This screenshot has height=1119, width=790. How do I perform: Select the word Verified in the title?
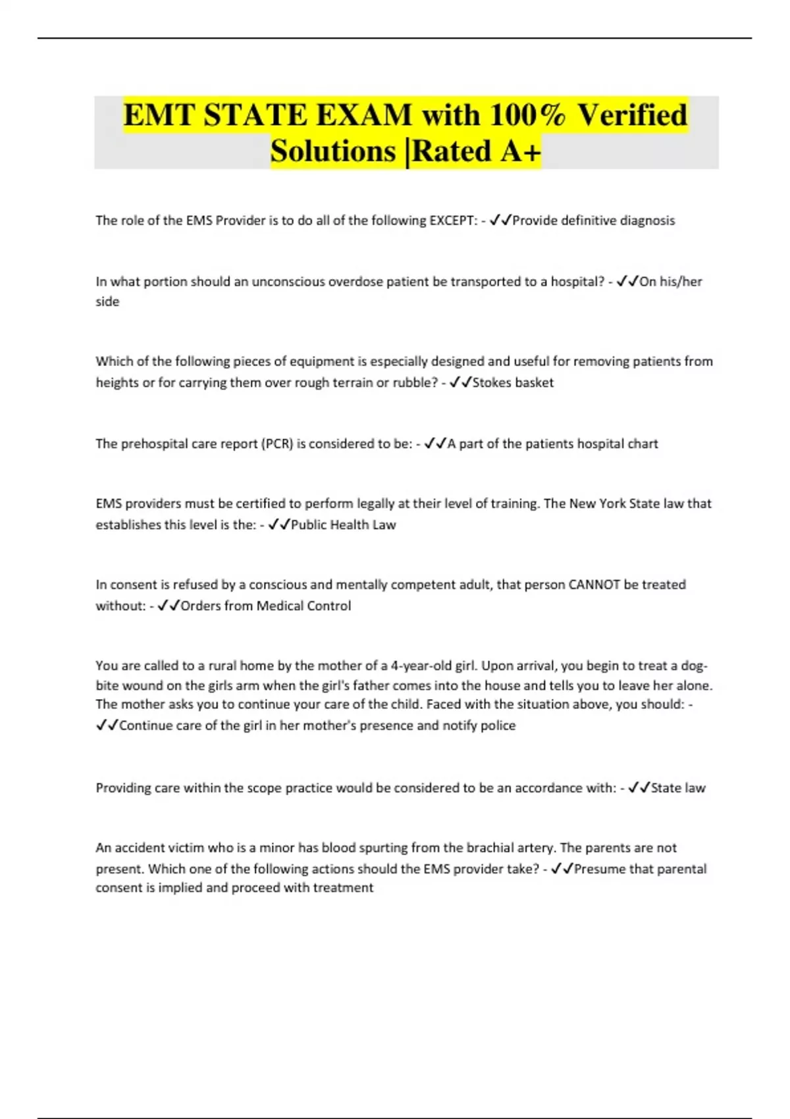pyautogui.click(x=633, y=115)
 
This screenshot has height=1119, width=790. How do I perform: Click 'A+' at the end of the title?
pyautogui.click(x=521, y=151)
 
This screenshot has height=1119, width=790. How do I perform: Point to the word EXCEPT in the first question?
pyautogui.click(x=453, y=221)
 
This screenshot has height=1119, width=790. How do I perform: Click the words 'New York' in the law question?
pyautogui.click(x=597, y=504)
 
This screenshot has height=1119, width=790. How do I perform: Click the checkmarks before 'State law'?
pyautogui.click(x=639, y=788)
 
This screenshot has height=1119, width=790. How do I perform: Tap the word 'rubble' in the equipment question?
pyautogui.click(x=413, y=382)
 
